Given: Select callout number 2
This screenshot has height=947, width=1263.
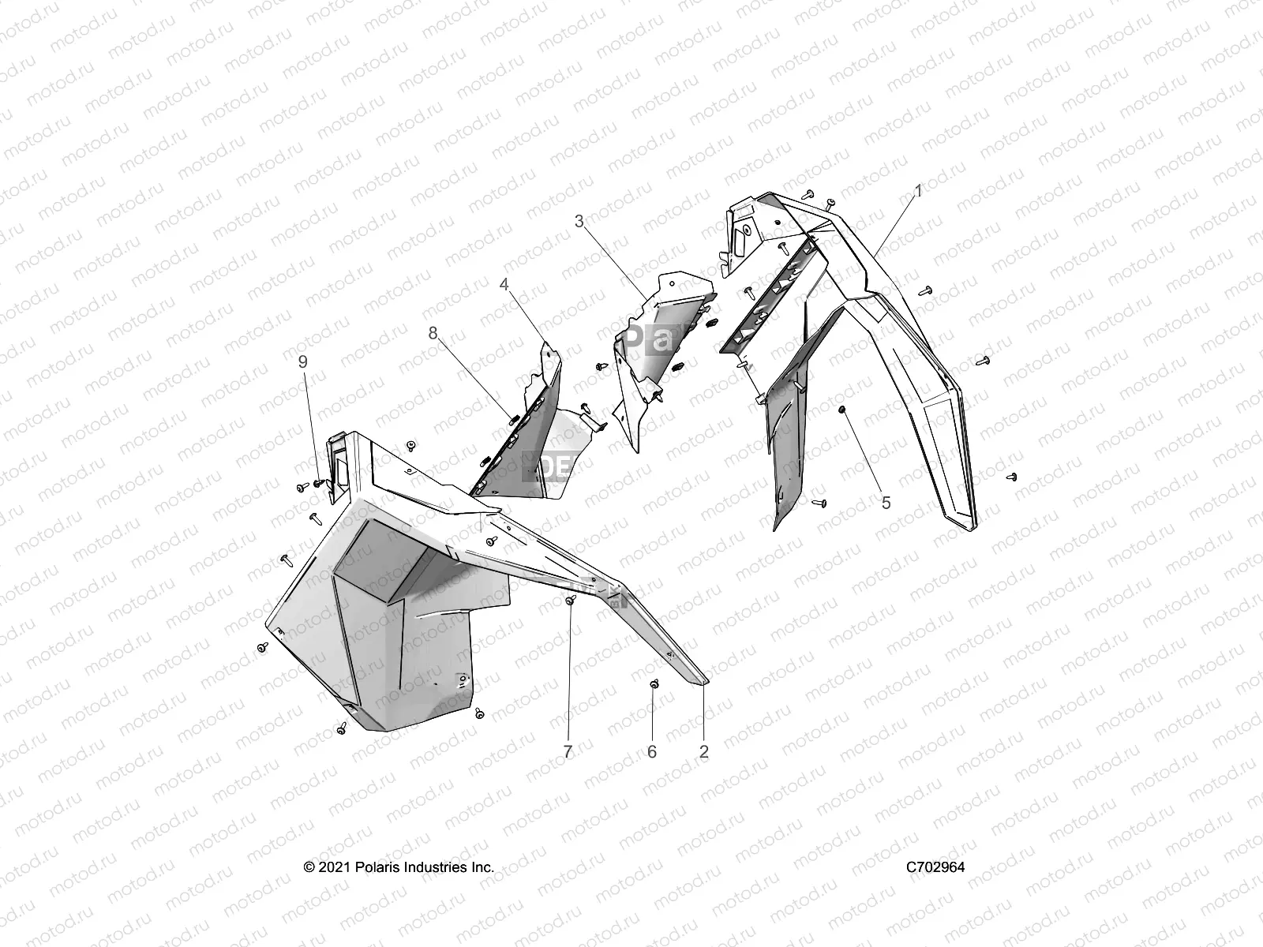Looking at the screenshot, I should click(x=704, y=752).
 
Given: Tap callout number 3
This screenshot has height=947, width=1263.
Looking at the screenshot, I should click(x=579, y=222).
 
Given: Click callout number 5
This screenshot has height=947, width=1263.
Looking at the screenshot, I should click(x=886, y=503).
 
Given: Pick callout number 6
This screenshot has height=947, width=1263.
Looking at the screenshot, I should click(x=652, y=752).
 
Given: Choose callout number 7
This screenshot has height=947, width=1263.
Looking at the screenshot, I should click(x=568, y=752).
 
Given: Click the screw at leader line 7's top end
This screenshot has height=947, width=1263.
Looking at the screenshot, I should click(x=569, y=601).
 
